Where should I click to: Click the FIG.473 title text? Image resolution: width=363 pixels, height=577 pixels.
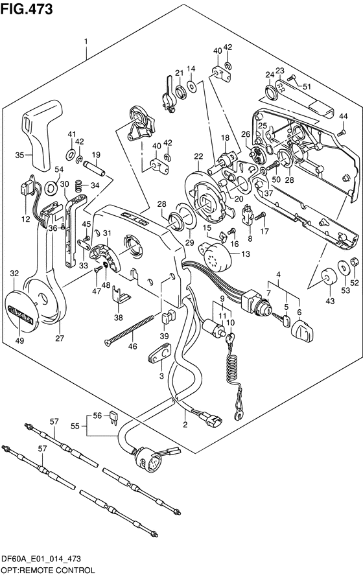click(x=27, y=9)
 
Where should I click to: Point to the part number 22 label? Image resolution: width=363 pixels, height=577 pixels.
click(x=198, y=156)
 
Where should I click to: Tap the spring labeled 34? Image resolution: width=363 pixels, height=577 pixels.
click(x=78, y=185)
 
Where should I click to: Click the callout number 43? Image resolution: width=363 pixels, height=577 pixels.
click(x=330, y=301)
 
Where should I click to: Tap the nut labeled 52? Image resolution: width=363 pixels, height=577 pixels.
click(x=355, y=262)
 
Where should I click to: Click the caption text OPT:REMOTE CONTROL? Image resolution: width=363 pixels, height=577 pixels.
click(x=48, y=571)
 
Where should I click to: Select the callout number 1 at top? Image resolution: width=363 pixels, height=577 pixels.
click(x=86, y=42)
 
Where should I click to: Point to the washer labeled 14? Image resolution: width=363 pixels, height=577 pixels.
click(x=191, y=86)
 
